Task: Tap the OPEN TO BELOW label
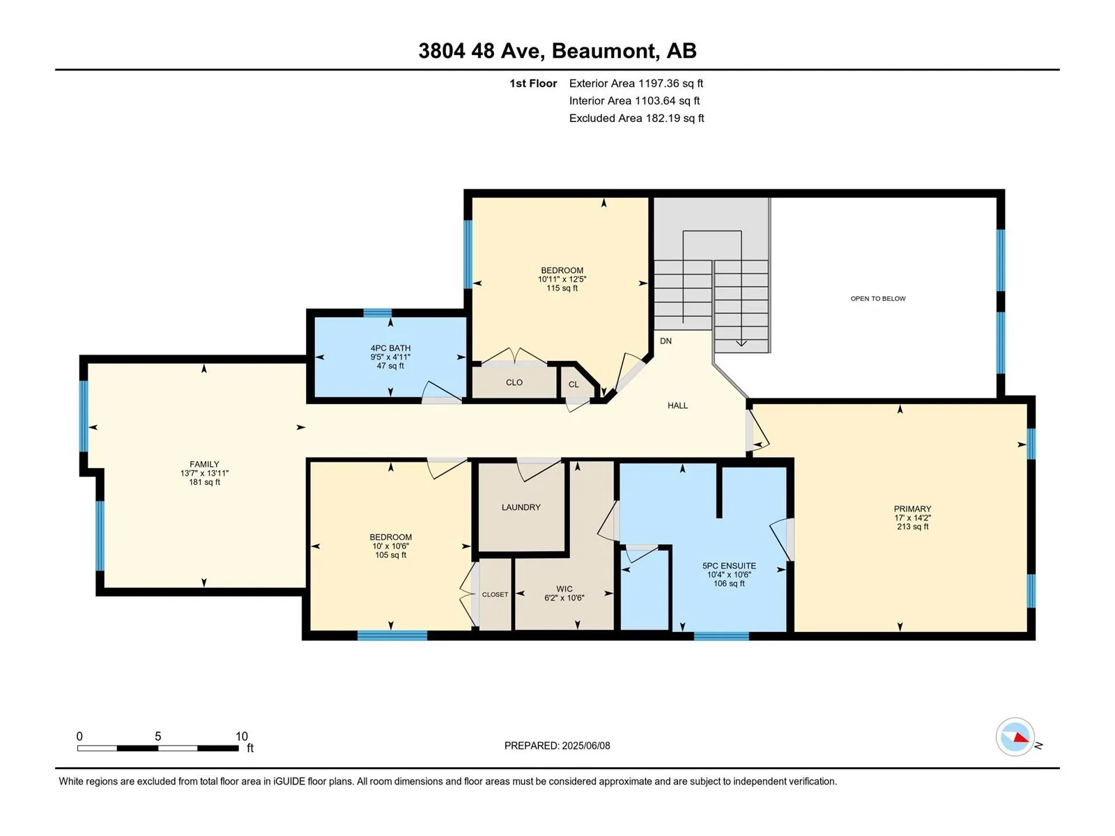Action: pos(878,298)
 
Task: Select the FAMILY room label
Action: pos(204,464)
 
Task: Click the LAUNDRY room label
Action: pos(521,507)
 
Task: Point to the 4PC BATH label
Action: pos(390,348)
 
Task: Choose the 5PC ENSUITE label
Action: pos(729,566)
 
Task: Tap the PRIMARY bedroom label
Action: pos(912,509)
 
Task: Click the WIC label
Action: pos(564,589)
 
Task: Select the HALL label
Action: pos(677,405)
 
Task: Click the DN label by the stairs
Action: pos(666,341)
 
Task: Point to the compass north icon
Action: pos(1015,737)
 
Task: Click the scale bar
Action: pos(158,748)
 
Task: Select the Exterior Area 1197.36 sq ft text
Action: pos(636,83)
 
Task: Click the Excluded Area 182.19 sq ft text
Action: pos(636,118)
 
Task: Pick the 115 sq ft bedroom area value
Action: pos(562,288)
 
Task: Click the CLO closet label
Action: pos(514,382)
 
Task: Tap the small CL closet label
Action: pos(574,385)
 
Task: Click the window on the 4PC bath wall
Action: pos(378,313)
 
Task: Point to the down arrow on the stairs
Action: pos(741,343)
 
